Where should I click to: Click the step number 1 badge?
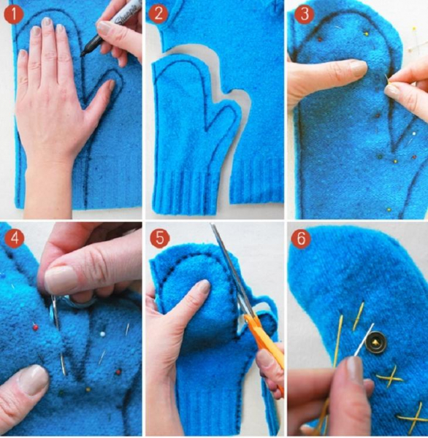(x=14, y=15)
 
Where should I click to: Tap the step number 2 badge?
(x=158, y=13)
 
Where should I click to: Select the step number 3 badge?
(x=304, y=13)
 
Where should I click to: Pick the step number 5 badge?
(x=160, y=238)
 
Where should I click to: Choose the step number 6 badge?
(x=301, y=238)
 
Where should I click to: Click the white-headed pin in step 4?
(x=103, y=334)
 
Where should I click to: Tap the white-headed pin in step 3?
(x=413, y=134)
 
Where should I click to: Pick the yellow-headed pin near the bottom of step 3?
(x=389, y=209)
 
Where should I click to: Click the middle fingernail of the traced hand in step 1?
(x=47, y=22)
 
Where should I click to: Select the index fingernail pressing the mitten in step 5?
(x=203, y=287)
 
